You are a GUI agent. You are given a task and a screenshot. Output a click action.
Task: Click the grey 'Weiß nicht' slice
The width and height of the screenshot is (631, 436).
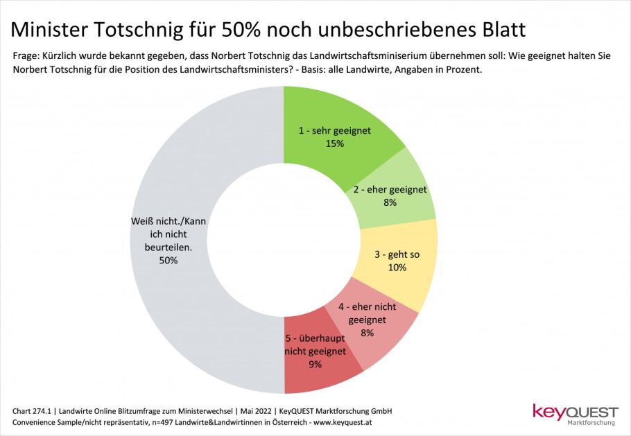point(173,173)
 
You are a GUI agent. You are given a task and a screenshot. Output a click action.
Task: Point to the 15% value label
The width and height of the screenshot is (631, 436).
point(334,143)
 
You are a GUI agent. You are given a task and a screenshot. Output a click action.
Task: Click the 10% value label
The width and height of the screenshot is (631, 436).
point(397,268)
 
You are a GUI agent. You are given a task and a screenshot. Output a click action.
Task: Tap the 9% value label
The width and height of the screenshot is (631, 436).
point(315,364)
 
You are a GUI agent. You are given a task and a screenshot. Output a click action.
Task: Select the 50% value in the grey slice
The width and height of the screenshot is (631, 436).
point(168,261)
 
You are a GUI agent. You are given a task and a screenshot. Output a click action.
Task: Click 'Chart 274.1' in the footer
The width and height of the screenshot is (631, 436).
point(34,411)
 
